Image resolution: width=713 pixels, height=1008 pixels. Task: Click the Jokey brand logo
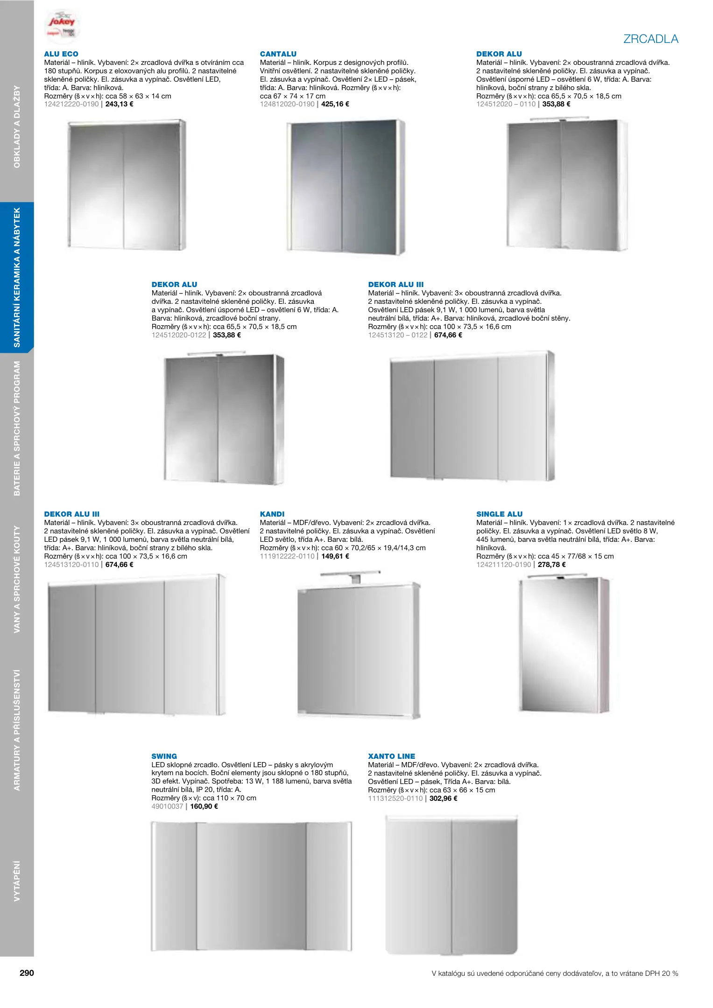[x=62, y=24]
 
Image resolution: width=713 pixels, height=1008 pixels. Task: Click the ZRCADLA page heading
[x=650, y=39]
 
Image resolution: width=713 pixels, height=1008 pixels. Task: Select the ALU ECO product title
[x=61, y=54]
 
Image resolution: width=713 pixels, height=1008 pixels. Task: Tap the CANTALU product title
[x=278, y=54]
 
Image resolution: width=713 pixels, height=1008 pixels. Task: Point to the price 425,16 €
[x=335, y=104]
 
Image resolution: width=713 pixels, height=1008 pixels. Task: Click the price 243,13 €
[x=120, y=104]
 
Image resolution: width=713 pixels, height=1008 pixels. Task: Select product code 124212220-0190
[x=71, y=104]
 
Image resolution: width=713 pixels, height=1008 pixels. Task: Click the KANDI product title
[x=272, y=514]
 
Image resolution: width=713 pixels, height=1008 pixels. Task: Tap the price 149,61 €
[x=335, y=556]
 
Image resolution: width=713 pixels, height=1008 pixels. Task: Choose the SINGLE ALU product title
[x=499, y=514]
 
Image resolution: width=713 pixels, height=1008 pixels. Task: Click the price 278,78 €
[x=552, y=565]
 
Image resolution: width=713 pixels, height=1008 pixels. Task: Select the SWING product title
[x=164, y=756]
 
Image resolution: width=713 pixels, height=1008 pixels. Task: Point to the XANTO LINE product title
[x=391, y=756]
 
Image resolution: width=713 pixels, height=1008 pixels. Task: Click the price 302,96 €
[x=444, y=798]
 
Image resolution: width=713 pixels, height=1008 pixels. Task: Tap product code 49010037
[x=167, y=806]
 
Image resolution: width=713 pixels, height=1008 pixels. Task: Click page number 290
[x=27, y=973]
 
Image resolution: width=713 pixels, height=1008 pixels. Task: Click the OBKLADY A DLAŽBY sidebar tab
[x=17, y=126]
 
